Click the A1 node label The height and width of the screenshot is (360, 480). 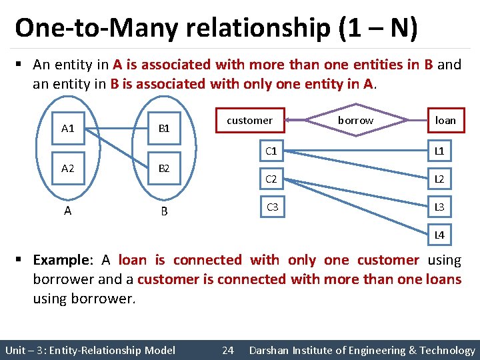pos(67,128)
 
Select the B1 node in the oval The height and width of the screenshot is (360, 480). pos(164,128)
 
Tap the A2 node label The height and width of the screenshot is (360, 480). pos(67,169)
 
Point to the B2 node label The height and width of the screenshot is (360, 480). pos(164,169)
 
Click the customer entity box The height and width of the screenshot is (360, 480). pos(250,121)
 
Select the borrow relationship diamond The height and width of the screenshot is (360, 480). pos(355,121)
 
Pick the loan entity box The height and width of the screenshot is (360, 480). pos(445,121)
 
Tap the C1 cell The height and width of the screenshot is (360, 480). pos(271,151)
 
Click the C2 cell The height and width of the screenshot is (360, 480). pos(271,179)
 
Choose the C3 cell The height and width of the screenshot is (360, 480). pos(271,207)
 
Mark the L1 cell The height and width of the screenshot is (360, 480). pos(439,151)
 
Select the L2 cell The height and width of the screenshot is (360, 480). pos(439,179)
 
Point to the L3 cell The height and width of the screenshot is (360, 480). pos(439,207)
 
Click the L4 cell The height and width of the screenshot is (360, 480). pos(439,235)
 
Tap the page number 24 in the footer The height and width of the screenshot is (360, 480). pos(227,350)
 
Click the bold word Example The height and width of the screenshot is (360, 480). pos(61,260)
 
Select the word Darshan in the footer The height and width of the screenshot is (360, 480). pos(271,350)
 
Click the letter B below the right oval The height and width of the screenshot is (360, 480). pos(164,212)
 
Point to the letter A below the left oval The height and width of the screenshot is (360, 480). pos(67,211)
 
